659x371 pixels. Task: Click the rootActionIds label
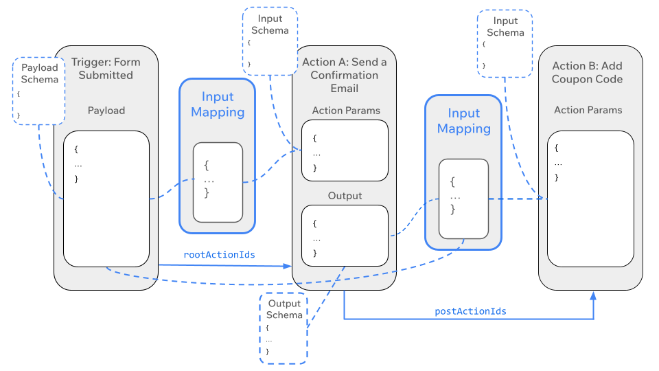(219, 254)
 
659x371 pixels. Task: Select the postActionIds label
(470, 311)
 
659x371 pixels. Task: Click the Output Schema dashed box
(284, 328)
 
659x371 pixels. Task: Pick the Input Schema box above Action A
(270, 41)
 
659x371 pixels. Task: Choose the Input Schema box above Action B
(505, 43)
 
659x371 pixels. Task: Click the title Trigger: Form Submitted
(106, 68)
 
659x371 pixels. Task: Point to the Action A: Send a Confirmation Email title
(345, 75)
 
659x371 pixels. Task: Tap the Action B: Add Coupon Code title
(588, 72)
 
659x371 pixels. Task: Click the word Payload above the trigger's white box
(106, 110)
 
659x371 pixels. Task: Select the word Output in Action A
(345, 196)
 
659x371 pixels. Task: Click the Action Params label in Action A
(346, 110)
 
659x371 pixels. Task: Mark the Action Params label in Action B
(588, 110)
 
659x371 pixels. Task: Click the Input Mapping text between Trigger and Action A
(218, 104)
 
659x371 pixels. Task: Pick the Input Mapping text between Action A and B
(463, 121)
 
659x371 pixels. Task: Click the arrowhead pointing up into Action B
(593, 295)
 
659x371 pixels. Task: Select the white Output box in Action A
(345, 236)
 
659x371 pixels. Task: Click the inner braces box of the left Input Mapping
(218, 182)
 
